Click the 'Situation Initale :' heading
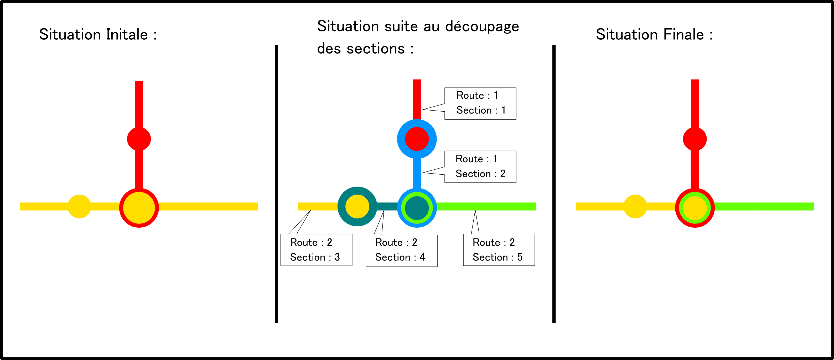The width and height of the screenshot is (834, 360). click(x=98, y=35)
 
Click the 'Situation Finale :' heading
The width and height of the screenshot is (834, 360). click(x=654, y=35)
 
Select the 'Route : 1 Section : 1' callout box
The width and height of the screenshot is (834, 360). click(x=480, y=103)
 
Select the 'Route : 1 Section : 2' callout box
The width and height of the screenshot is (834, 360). click(x=480, y=166)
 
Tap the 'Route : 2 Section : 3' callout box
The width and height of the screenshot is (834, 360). click(x=316, y=250)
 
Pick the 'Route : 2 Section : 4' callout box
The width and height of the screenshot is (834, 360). click(x=401, y=250)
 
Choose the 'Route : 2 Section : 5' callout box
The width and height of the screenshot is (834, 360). click(x=499, y=250)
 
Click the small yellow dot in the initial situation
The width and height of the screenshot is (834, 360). click(x=79, y=206)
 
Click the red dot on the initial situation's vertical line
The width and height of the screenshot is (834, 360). click(x=139, y=139)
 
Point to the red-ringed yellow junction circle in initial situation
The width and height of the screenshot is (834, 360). click(x=139, y=207)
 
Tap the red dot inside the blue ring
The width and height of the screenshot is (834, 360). click(x=417, y=139)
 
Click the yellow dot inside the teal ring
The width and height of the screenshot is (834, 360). click(x=357, y=206)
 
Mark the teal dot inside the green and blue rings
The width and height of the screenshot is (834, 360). click(x=417, y=207)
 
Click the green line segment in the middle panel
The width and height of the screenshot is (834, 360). click(x=486, y=206)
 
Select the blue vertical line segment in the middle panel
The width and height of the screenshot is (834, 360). click(x=417, y=173)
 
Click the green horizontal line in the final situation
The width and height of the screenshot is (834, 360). click(x=764, y=206)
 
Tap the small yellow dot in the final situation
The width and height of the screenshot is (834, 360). click(x=635, y=206)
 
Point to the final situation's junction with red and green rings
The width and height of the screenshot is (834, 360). click(x=695, y=207)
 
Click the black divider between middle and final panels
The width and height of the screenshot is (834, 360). click(x=554, y=184)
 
